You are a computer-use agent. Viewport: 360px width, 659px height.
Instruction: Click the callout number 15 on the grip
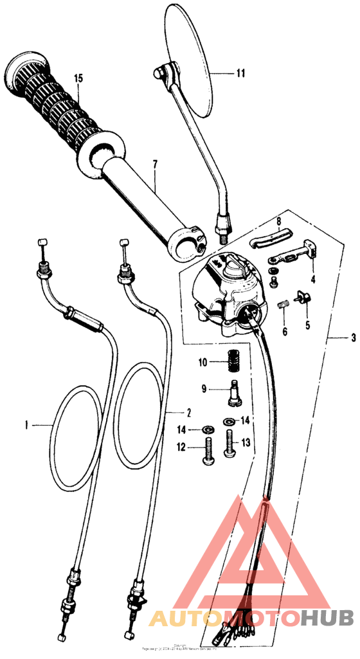(78, 78)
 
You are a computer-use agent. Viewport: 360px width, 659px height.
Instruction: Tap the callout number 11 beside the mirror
(240, 73)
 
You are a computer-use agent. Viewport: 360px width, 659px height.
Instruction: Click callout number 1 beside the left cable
(28, 424)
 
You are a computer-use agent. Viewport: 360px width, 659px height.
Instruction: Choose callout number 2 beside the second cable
(188, 411)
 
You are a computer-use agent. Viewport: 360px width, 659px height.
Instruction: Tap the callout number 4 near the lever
(313, 280)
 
